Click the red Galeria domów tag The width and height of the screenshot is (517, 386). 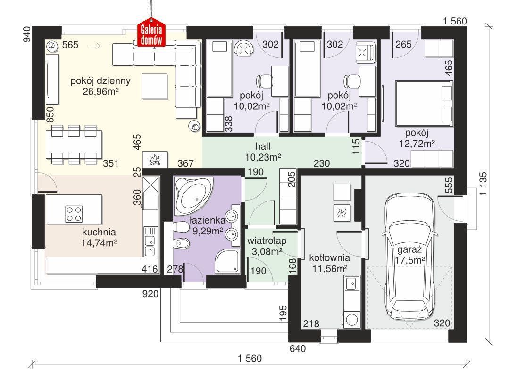coord(152,35)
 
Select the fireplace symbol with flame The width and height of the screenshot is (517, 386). coord(155,160)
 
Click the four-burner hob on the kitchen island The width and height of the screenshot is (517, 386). coord(74,214)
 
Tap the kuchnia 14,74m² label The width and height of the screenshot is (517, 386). coord(99,237)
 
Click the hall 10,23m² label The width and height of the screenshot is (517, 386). coord(263,152)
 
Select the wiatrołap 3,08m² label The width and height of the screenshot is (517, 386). coord(267,246)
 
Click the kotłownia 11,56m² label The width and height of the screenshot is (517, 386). coord(329,263)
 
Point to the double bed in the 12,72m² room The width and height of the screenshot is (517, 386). coord(424,104)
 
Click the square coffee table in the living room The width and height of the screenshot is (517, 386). coord(154,86)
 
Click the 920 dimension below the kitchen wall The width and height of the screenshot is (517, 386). coord(150,294)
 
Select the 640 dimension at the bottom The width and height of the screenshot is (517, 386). coord(298,348)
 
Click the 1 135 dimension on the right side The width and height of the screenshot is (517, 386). coord(483,184)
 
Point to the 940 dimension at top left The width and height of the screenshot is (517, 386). coord(26,34)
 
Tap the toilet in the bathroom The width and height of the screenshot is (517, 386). coord(180,227)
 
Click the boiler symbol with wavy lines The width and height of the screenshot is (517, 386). coord(342,213)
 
